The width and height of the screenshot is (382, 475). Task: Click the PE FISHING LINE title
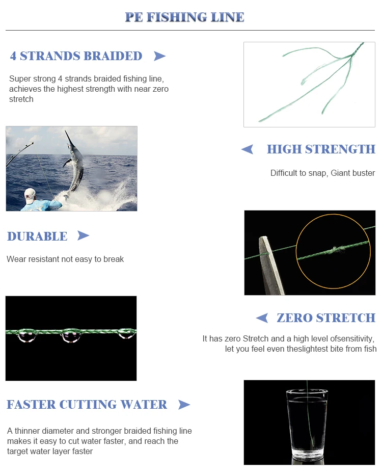pyautogui.click(x=185, y=17)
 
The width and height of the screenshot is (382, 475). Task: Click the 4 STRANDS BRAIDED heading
pyautogui.click(x=76, y=56)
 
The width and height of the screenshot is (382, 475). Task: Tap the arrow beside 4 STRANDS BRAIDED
pyautogui.click(x=159, y=56)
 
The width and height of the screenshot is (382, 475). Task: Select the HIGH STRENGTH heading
pyautogui.click(x=321, y=149)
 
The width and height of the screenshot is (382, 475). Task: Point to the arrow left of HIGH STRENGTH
pyautogui.click(x=247, y=149)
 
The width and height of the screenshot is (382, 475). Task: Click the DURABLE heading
pyautogui.click(x=37, y=236)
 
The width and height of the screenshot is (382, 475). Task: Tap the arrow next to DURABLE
pyautogui.click(x=83, y=235)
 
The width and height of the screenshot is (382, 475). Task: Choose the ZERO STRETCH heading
pyautogui.click(x=326, y=318)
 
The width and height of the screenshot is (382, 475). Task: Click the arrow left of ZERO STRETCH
pyautogui.click(x=262, y=318)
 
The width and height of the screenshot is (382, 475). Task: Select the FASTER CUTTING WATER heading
pyautogui.click(x=87, y=405)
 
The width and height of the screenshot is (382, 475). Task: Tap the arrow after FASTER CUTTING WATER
pyautogui.click(x=184, y=405)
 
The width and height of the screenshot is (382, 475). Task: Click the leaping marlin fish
pyautogui.click(x=74, y=163)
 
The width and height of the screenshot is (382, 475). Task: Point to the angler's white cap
pyautogui.click(x=30, y=193)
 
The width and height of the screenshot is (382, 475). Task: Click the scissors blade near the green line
pyautogui.click(x=270, y=265)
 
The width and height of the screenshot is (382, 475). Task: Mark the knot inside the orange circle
pyautogui.click(x=334, y=250)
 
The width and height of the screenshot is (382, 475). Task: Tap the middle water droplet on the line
pyautogui.click(x=70, y=336)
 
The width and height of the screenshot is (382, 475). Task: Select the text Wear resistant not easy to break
pyautogui.click(x=65, y=259)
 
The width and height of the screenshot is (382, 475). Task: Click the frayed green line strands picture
pyautogui.click(x=309, y=84)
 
